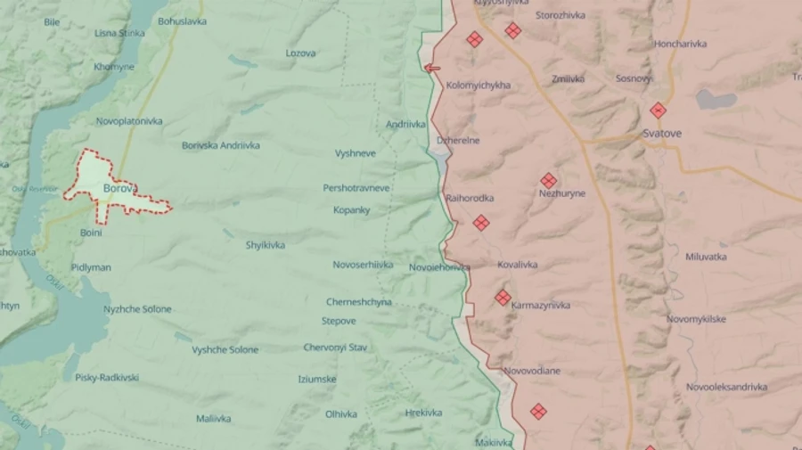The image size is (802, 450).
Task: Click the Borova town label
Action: click(x=120, y=189)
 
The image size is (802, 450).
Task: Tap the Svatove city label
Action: click(x=662, y=134)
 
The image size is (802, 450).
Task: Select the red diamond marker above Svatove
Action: click(x=658, y=110)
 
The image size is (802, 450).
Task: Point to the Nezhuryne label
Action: click(x=562, y=193)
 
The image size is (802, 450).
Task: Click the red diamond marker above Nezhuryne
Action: click(x=548, y=180)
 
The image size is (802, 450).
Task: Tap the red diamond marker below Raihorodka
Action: click(x=481, y=223)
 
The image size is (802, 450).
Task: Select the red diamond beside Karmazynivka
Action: click(x=503, y=298)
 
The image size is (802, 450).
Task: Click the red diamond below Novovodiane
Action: click(x=537, y=411)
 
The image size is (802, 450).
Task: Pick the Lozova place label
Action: click(x=300, y=53)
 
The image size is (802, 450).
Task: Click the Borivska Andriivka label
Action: click(x=221, y=145)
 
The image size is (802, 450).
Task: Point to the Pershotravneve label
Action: click(x=356, y=189)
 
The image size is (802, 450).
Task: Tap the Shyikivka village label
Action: click(x=266, y=245)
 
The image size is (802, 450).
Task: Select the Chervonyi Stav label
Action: click(x=335, y=348)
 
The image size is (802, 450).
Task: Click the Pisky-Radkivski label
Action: click(x=107, y=378)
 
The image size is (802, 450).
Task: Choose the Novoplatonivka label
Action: click(x=129, y=121)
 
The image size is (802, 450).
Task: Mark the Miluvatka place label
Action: click(x=706, y=257)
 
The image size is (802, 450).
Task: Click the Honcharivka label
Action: click(x=680, y=44)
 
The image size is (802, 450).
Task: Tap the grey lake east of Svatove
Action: click(x=716, y=99)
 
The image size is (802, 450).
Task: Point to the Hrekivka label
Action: click(x=423, y=413)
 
